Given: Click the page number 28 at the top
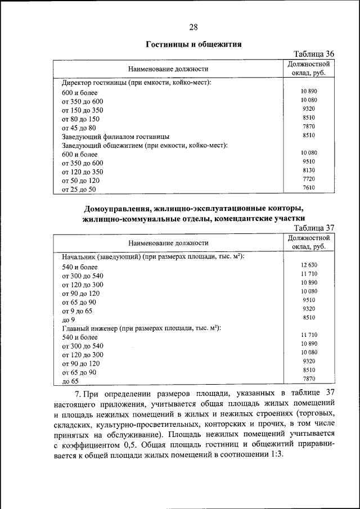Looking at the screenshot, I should pos(193,27).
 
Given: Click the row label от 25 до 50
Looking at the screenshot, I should pos(79,190).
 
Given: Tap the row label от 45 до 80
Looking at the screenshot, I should pos(79,128).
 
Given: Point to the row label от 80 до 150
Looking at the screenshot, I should pos(80,119).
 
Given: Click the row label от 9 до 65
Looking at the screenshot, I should pos(77,310).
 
